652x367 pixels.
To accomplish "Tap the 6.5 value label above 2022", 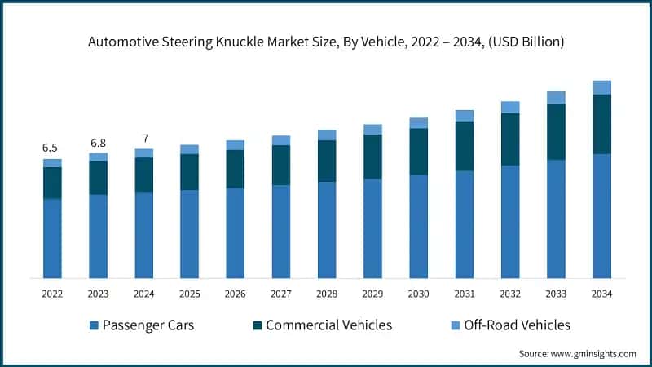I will pos(50,148).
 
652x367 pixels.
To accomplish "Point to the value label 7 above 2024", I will pos(145,138).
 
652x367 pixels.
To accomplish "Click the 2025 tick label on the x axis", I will pos(189,293).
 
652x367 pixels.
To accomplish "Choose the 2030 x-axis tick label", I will pos(418,293).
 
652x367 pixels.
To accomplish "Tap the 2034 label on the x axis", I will pos(601,293).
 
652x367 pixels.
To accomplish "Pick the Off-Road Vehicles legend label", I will pos(517,325).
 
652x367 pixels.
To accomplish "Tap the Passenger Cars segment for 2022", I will pos(52,238).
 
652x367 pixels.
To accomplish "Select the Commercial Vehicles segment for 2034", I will pos(601,124).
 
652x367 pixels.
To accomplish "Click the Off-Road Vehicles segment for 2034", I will pos(601,87).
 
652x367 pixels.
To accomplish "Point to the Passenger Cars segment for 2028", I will pos(327,230).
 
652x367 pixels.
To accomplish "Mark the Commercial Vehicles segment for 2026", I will pos(235,169).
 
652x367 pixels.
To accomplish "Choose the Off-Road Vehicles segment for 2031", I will pos(465,116).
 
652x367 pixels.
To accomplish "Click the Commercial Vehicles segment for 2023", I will pos(98,178).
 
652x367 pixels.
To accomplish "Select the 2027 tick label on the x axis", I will pos(281,293).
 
